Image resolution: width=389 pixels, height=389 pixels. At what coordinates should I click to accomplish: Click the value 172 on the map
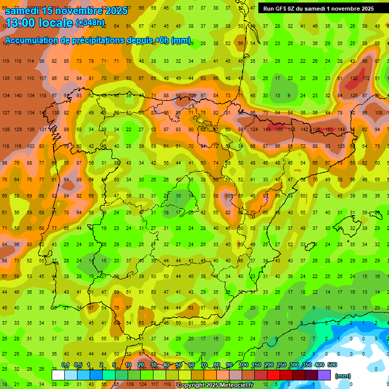(x=365, y=79)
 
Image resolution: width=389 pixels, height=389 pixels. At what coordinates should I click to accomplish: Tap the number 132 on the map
(x=354, y=79)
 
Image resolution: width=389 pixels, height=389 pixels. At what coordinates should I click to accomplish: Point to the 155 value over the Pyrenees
(x=279, y=129)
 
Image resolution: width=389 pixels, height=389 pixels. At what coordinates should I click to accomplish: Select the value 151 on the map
(x=329, y=129)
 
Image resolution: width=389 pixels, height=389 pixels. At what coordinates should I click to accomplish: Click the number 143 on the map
(x=267, y=129)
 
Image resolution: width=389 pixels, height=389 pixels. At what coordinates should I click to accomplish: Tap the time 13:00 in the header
(x=24, y=23)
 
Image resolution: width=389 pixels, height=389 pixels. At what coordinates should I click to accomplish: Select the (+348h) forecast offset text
(x=90, y=23)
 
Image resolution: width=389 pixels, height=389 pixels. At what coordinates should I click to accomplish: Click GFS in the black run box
(x=282, y=9)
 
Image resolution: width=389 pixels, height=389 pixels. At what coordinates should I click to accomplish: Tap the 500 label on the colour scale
(x=332, y=365)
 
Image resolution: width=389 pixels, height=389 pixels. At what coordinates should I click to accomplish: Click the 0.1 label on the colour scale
(x=65, y=365)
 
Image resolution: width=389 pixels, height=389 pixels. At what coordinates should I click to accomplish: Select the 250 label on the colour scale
(x=281, y=365)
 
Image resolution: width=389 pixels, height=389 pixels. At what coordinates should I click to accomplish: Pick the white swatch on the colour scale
(x=58, y=375)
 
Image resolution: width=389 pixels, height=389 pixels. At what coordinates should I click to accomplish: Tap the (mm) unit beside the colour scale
(x=343, y=376)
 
